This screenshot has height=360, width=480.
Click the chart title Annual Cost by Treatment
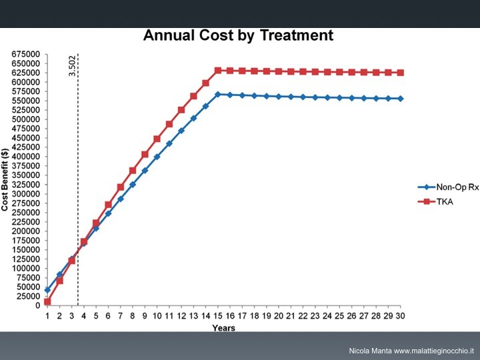click(238, 35)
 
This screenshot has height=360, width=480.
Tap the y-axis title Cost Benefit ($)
click(5, 181)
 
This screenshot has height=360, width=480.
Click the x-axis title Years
click(223, 328)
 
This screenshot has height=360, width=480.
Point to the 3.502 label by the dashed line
click(73, 65)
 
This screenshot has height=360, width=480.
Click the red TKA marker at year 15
click(218, 70)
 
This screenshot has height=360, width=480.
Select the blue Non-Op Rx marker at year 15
click(218, 95)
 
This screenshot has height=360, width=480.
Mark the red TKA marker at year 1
click(47, 302)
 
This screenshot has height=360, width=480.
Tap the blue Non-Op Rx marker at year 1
click(47, 290)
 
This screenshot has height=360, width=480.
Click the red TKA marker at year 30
click(401, 73)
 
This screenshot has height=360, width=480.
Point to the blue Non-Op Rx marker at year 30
click(401, 99)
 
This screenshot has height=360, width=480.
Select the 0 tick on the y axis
click(37, 305)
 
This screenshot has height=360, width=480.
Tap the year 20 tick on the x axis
click(279, 315)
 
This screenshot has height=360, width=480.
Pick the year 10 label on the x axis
click(157, 315)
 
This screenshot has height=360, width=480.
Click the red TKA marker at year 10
click(157, 139)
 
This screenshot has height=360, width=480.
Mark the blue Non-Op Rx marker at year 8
click(133, 184)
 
